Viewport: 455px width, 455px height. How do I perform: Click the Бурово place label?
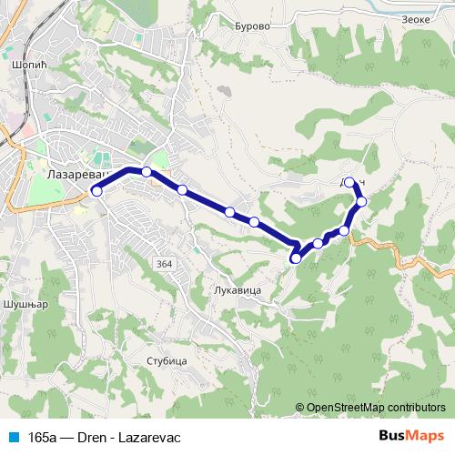point(252,27)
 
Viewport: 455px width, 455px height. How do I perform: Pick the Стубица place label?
point(166,361)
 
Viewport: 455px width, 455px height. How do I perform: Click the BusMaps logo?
point(414,437)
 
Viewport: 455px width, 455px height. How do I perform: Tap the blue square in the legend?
point(12,437)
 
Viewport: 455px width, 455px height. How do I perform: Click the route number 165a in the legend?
point(42,437)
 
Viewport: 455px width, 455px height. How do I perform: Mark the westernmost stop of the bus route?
point(96,191)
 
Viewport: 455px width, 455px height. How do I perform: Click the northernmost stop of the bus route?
point(350,180)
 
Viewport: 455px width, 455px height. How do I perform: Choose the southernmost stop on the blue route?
point(295,259)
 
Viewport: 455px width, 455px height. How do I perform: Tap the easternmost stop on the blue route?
point(361,201)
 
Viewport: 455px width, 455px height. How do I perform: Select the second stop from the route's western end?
point(147,171)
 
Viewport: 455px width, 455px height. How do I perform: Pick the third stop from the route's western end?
point(182,190)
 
